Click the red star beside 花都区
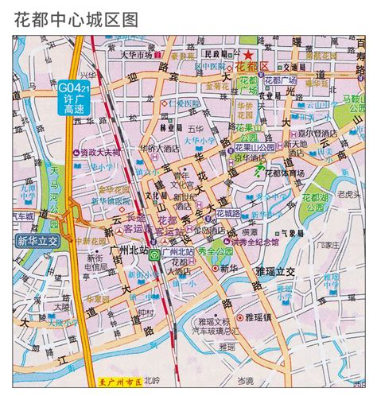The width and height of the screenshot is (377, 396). pyautogui.click(x=249, y=54)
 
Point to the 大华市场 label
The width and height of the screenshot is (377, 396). pyautogui.click(x=135, y=56)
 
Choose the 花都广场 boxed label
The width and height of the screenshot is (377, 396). pyautogui.click(x=280, y=80)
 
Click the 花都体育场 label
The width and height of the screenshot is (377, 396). pyautogui.click(x=284, y=173)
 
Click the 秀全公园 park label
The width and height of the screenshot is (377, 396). pyautogui.click(x=219, y=250)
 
